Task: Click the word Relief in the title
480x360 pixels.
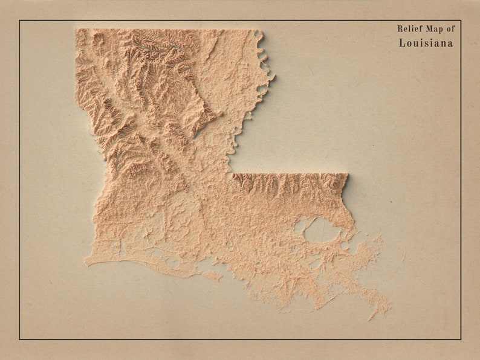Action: pyautogui.click(x=409, y=28)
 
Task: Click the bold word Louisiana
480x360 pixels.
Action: pyautogui.click(x=426, y=43)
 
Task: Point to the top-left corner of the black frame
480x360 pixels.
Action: pyautogui.click(x=19, y=21)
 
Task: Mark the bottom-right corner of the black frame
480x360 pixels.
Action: pyautogui.click(x=461, y=339)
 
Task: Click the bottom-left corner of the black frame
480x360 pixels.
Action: pyautogui.click(x=19, y=339)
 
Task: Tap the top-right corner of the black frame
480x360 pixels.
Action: pyautogui.click(x=461, y=21)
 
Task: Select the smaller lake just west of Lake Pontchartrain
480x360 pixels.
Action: pyautogui.click(x=300, y=227)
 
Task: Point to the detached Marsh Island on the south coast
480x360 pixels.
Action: pyautogui.click(x=212, y=275)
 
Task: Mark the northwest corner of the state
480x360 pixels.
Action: pyautogui.click(x=76, y=30)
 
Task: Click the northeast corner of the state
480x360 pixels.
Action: pyautogui.click(x=261, y=30)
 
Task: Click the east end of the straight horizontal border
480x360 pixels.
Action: pyautogui.click(x=348, y=175)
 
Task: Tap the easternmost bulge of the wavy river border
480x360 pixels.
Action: pyautogui.click(x=273, y=77)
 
